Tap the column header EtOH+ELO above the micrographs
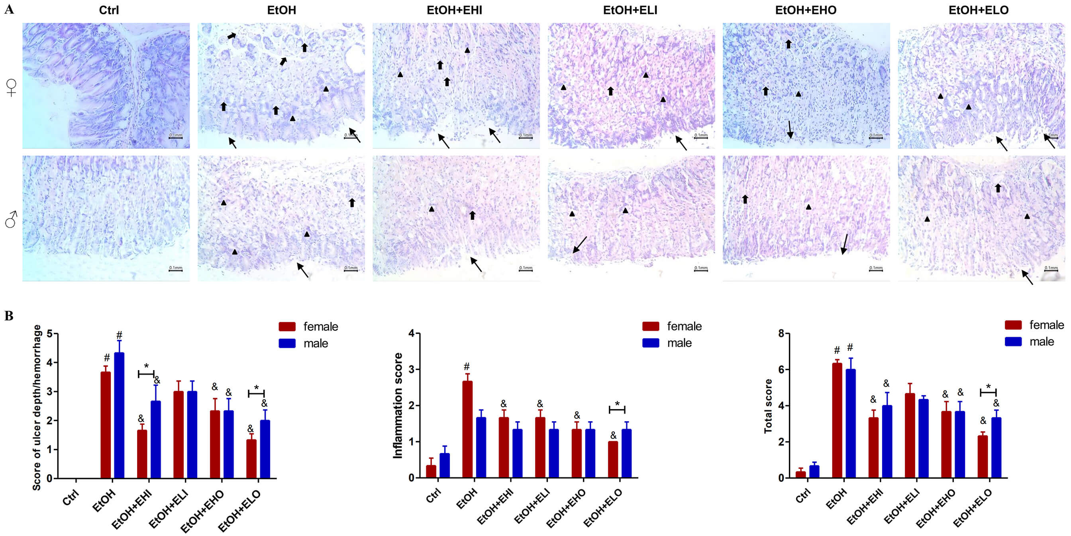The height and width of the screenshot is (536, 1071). (978, 10)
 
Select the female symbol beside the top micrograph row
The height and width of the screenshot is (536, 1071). (11, 87)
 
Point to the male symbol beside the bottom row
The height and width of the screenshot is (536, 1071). (11, 219)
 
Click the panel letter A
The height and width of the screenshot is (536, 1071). (9, 9)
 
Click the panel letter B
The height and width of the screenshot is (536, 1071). (9, 316)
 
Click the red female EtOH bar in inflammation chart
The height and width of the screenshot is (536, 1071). (467, 429)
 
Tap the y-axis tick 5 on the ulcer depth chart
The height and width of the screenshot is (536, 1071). (50, 334)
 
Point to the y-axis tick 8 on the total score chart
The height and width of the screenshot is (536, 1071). (781, 333)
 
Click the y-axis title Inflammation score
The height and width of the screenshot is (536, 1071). (398, 406)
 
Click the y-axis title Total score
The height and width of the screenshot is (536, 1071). (768, 406)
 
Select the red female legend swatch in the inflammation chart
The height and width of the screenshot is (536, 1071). (650, 326)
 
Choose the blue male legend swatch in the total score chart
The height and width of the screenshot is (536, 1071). (1013, 342)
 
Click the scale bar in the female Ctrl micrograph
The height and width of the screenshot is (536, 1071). (175, 137)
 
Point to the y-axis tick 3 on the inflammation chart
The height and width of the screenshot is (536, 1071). (411, 370)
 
